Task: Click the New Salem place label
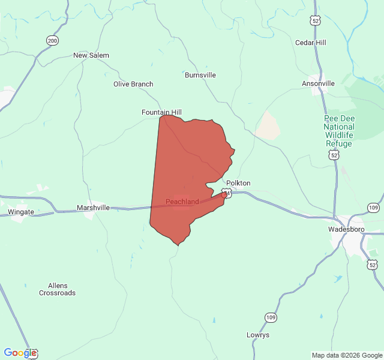tap(91, 55)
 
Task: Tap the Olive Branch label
tap(133, 84)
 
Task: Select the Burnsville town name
tap(200, 75)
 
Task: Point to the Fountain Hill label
tap(161, 112)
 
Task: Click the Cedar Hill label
tap(311, 43)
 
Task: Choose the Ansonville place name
tap(318, 83)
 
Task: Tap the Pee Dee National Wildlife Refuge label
tap(339, 131)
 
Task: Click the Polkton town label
tap(238, 183)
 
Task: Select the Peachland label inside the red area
tap(182, 202)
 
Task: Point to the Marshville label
tap(93, 208)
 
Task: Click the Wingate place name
tap(21, 212)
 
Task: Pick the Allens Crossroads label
tap(58, 289)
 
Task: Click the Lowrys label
tap(258, 335)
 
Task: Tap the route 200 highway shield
tap(52, 40)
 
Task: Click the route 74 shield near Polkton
tap(224, 193)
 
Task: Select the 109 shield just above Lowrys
tap(271, 317)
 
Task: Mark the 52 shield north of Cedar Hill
tap(315, 20)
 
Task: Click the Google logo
tap(20, 353)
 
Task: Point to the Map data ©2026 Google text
tap(346, 355)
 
